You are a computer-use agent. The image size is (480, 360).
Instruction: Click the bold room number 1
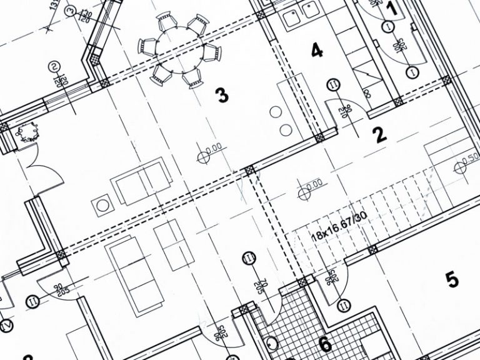392,8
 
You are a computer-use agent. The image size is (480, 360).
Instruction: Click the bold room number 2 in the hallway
379,135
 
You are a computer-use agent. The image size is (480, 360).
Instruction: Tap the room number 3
221,96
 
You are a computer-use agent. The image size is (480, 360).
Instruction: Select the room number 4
317,51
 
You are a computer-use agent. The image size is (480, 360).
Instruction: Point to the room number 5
451,279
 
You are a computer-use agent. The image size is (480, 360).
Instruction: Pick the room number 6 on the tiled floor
324,343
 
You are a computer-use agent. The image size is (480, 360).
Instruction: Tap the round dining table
179,51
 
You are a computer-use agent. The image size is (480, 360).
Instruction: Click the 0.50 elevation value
469,156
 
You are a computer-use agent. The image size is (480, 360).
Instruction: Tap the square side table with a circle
102,204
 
